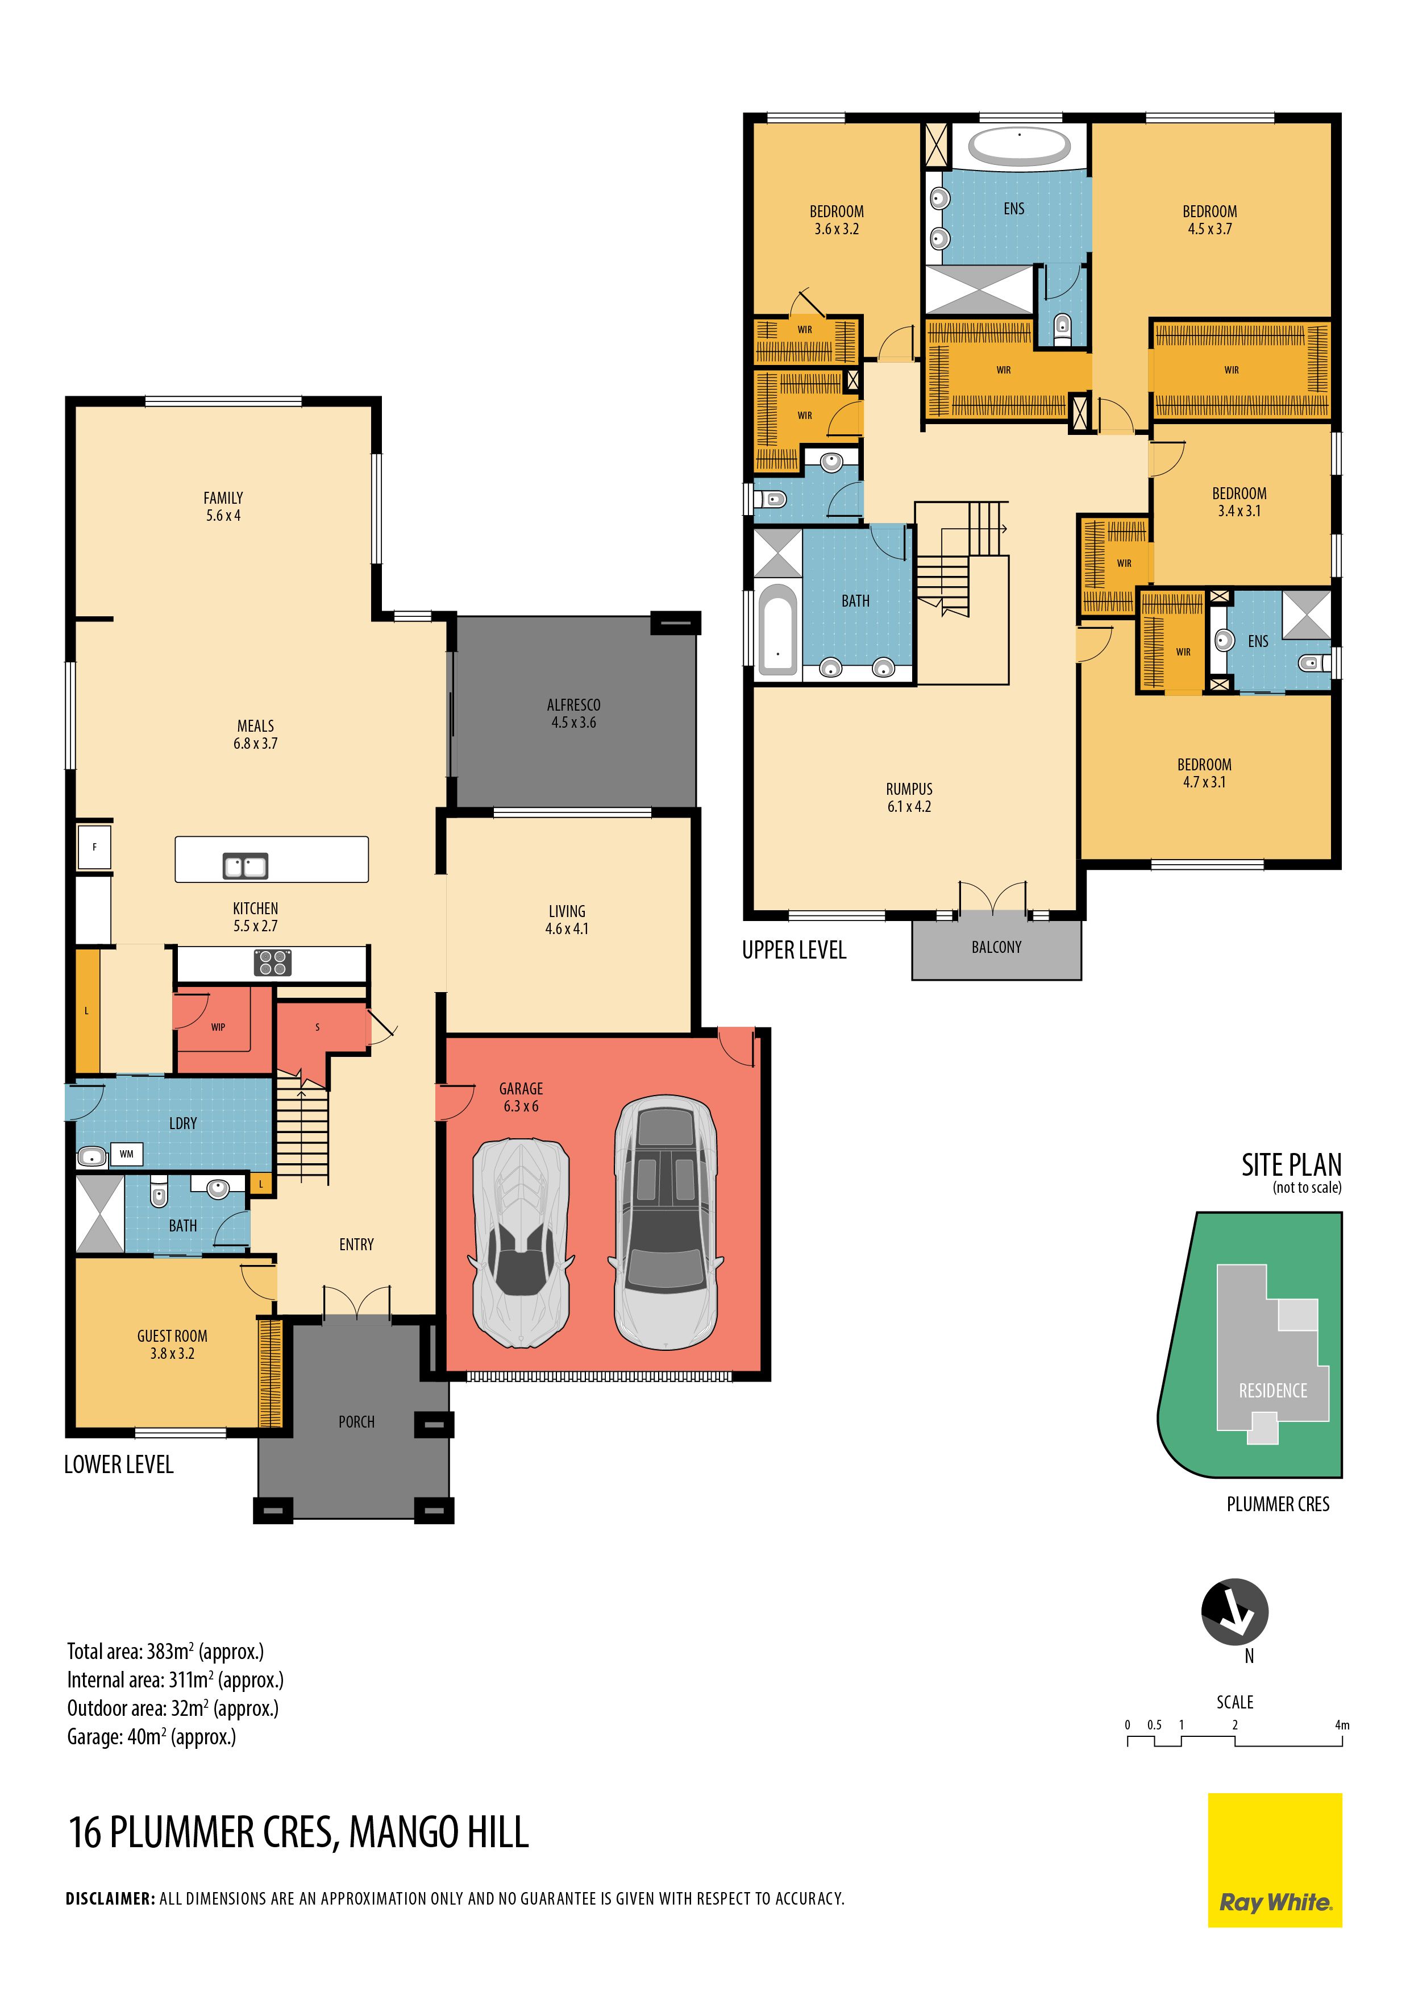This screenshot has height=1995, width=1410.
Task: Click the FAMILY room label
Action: click(x=223, y=498)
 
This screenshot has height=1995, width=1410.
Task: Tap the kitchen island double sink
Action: click(x=246, y=865)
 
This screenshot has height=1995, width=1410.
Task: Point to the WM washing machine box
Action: click(x=127, y=1154)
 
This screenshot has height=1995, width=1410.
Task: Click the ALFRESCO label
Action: click(x=573, y=704)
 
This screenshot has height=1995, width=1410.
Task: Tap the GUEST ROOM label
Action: click(x=172, y=1335)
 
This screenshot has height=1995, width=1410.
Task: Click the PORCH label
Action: click(x=356, y=1421)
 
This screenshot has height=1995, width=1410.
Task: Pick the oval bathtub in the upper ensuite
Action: click(x=1019, y=147)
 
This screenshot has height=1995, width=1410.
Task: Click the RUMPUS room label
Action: click(x=909, y=789)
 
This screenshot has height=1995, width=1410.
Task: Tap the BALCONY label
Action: click(x=996, y=947)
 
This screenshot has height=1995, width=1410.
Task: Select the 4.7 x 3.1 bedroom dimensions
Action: click(x=1204, y=782)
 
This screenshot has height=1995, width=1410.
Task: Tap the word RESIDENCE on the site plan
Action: click(x=1272, y=1390)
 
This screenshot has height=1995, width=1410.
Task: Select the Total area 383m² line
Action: click(x=165, y=1652)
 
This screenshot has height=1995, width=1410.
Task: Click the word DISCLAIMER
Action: click(x=110, y=1898)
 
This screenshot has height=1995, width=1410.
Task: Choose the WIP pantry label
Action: click(x=218, y=1027)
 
